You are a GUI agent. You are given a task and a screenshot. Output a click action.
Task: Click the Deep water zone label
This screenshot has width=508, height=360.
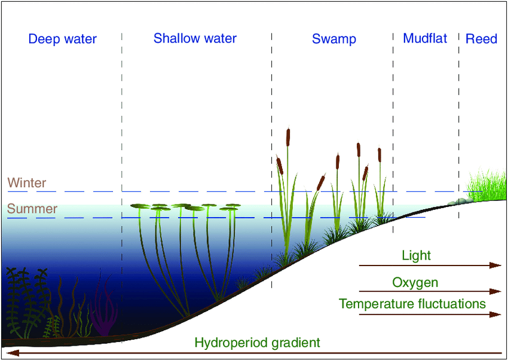coord(63,39)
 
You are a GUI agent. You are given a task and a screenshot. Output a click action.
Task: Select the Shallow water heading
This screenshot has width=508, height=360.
coord(195,38)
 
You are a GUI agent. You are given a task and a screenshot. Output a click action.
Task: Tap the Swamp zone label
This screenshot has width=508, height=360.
coord(334,39)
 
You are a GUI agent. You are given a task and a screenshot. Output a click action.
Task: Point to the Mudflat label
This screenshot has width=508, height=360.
coord(425,38)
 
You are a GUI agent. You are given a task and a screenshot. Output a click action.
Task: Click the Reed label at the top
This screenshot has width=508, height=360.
coord(481,39)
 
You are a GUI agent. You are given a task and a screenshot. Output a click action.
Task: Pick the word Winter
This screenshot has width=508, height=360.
coord(26,183)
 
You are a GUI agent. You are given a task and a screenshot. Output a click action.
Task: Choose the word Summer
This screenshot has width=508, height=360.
coord(32,209)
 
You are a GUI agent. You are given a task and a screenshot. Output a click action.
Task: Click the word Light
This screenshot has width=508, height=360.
coord(417,256)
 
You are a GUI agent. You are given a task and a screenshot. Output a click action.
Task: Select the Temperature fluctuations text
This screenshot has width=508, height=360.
coord(412,304)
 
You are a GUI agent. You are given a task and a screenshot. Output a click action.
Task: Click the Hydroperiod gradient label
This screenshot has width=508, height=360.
coord(258,342)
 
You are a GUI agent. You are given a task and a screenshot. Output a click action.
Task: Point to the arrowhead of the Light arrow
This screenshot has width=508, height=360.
coord(495,266)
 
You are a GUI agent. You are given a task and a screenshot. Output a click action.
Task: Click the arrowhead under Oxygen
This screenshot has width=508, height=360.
coord(495,291)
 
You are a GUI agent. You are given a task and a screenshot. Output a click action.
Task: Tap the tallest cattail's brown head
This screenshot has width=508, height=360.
coord(288,137)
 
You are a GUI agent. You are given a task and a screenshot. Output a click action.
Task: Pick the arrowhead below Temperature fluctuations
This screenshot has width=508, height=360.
coord(495,315)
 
